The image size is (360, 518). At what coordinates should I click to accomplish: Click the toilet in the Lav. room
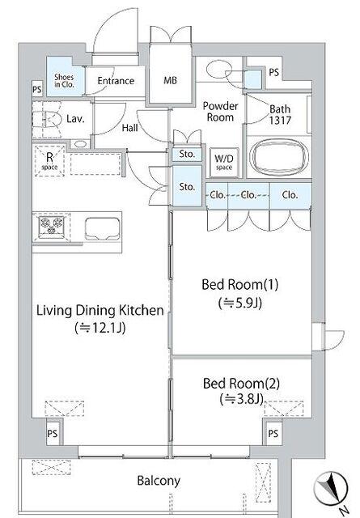(x=47, y=119)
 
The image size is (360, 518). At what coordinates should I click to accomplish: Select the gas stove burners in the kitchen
(x=51, y=227)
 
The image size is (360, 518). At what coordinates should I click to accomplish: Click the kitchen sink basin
(x=102, y=228)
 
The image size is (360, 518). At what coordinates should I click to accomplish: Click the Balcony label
(x=159, y=481)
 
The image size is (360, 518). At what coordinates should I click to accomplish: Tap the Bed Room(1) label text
(x=240, y=284)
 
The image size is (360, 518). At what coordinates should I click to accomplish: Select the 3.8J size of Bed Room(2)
(x=242, y=399)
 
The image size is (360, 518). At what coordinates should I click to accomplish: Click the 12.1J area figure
(x=100, y=328)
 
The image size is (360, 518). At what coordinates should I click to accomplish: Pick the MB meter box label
(x=170, y=80)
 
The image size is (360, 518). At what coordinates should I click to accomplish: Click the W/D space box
(x=224, y=162)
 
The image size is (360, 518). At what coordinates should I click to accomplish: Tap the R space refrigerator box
(x=49, y=160)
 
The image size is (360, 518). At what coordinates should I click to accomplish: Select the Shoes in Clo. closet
(x=65, y=77)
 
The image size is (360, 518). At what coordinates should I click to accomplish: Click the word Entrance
(x=116, y=81)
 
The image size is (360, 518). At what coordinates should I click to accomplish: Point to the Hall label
(x=129, y=128)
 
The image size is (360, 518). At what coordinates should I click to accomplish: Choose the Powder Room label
(x=220, y=112)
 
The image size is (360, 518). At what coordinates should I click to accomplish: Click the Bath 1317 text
(x=280, y=114)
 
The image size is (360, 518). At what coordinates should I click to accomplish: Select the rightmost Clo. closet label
(x=290, y=195)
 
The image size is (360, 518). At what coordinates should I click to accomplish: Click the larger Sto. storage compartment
(x=187, y=186)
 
